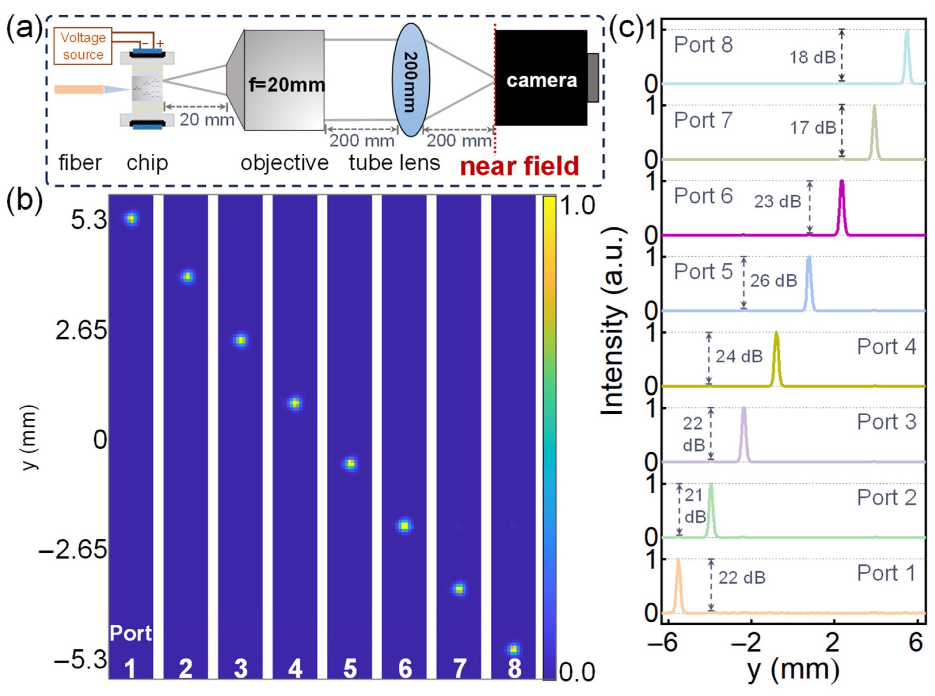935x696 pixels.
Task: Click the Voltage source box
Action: [x=83, y=46]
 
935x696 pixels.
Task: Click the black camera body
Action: [x=541, y=78]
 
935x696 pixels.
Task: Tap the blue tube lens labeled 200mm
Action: [x=411, y=80]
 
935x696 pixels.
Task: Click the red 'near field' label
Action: [x=519, y=166]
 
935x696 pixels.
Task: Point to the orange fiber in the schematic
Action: [x=79, y=89]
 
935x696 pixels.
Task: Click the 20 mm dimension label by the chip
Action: [x=206, y=120]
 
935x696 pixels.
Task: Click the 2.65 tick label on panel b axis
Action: [x=81, y=331]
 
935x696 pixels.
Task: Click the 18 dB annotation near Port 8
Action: [x=812, y=57]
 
